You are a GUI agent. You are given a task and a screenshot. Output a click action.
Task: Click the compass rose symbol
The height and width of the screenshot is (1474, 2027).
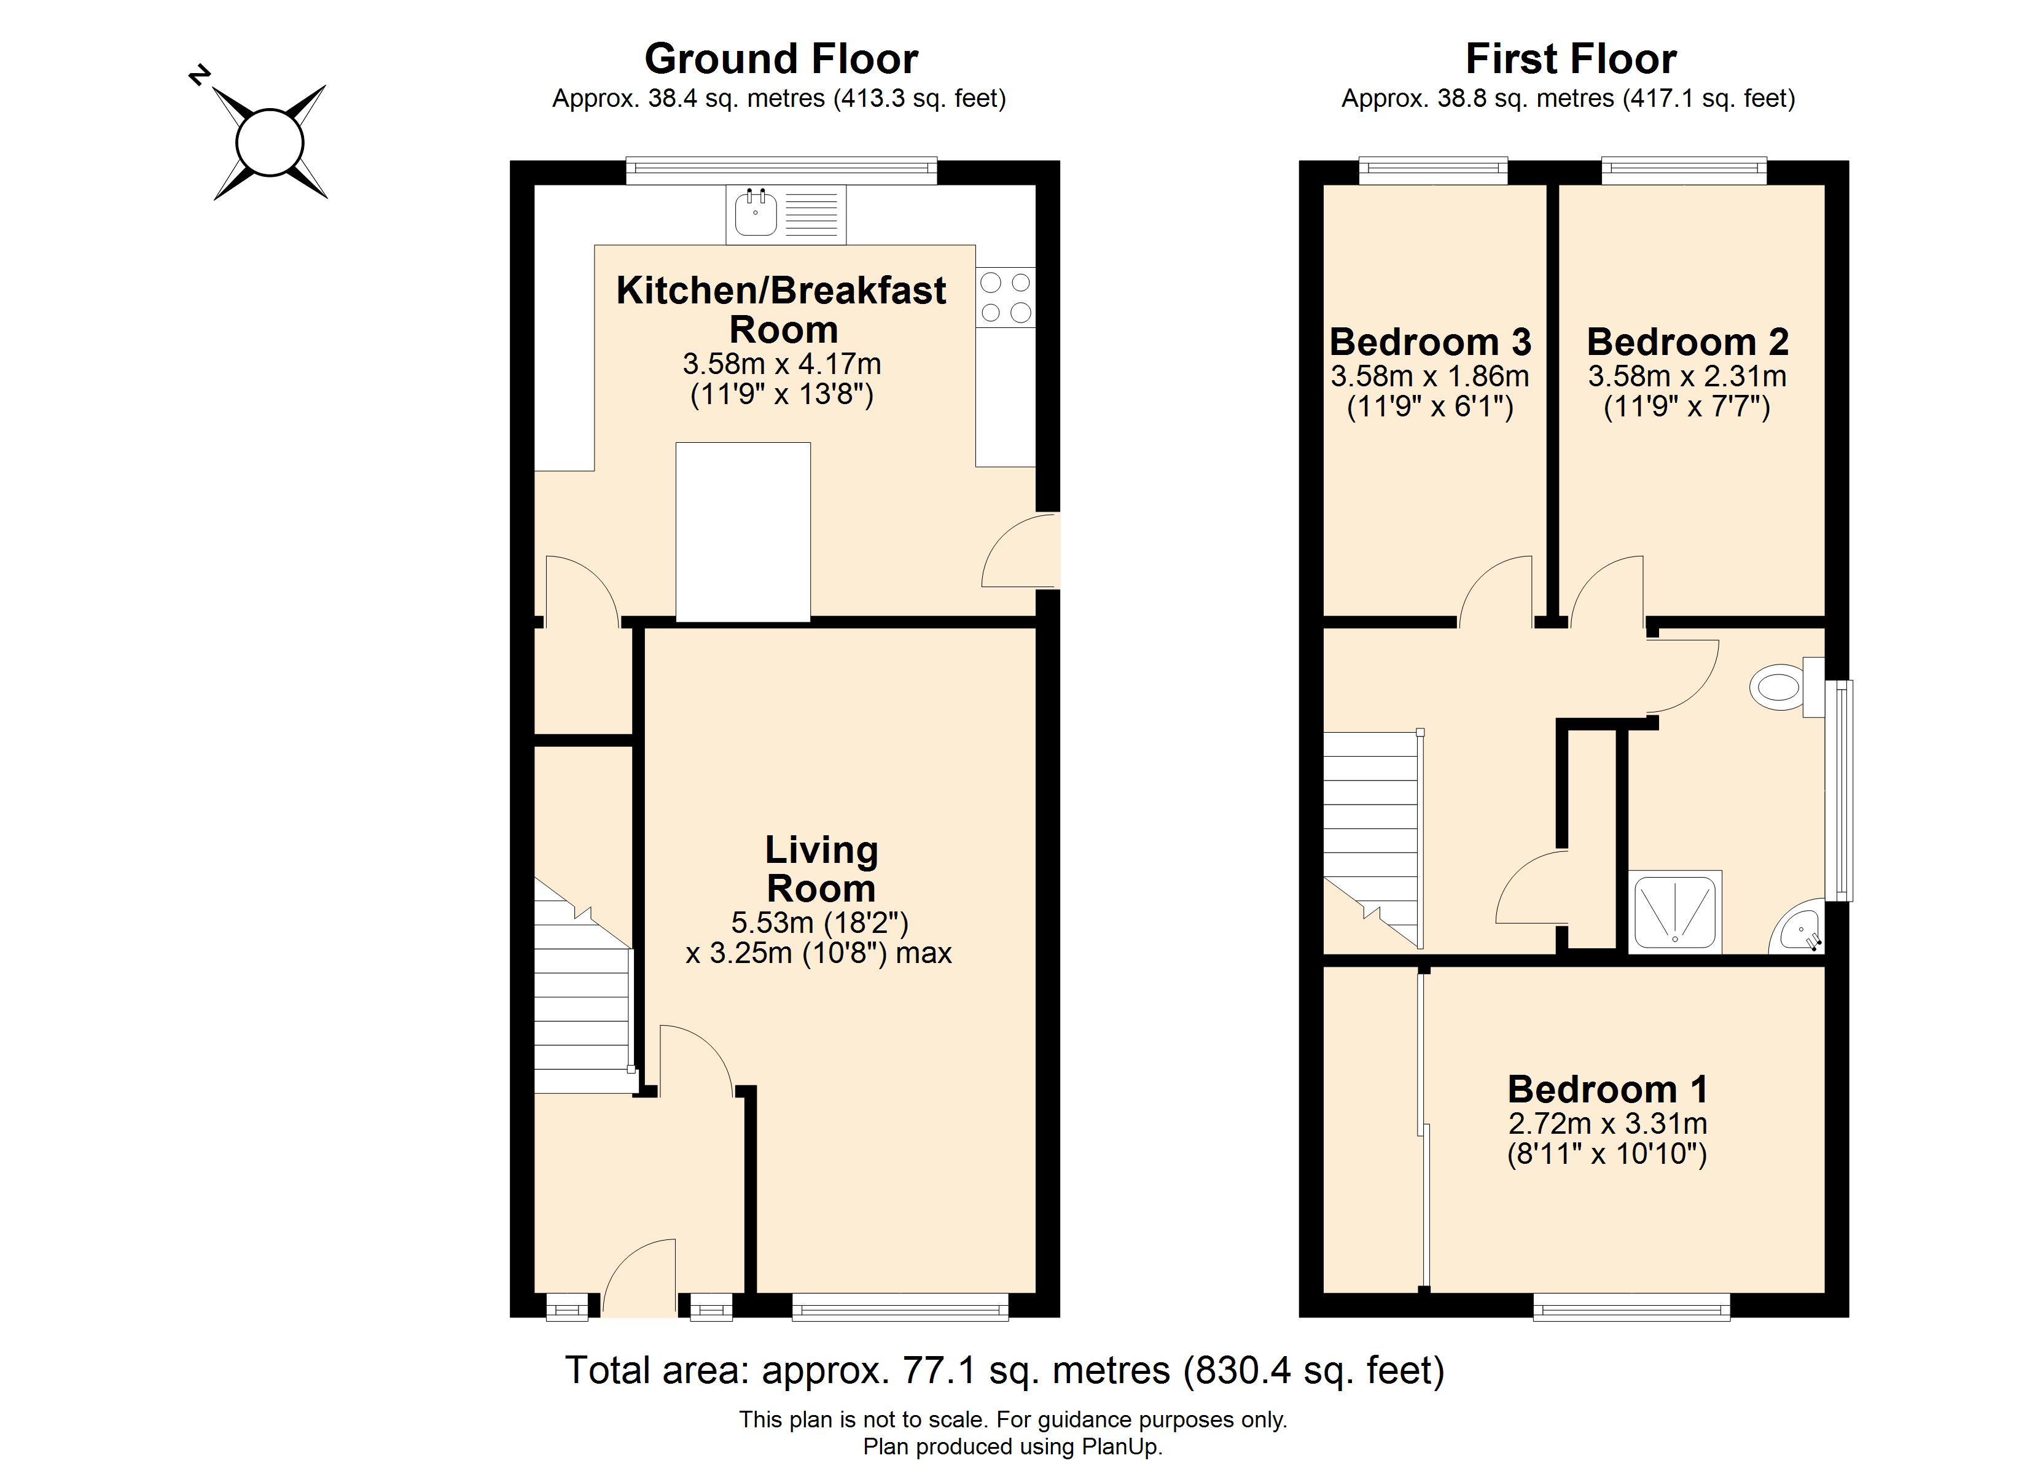point(270,142)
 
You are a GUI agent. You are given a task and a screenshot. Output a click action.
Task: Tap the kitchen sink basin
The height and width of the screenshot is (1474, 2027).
point(755,214)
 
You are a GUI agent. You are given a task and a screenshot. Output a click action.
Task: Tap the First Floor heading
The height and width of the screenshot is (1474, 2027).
point(1570,59)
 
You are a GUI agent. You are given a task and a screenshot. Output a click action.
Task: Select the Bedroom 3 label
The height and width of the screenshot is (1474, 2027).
point(1430,342)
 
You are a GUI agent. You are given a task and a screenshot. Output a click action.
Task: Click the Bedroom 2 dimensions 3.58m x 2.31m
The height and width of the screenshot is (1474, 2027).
point(1687,376)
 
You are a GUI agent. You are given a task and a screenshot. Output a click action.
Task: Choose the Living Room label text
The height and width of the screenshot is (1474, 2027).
point(821,869)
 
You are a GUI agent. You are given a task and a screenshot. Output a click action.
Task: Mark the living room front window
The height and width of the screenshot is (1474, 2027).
point(900,1308)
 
